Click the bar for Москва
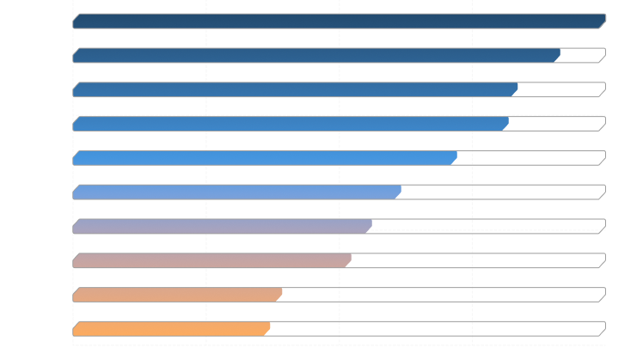(340, 21)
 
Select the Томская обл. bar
(315, 55)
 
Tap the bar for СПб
(295, 89)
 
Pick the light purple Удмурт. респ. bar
(222, 226)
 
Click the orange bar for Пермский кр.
(171, 329)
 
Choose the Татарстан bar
(211, 260)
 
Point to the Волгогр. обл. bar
(177, 295)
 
